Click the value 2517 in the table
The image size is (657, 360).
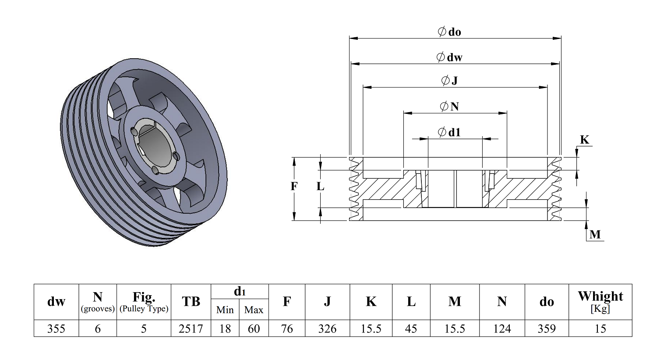tap(191, 328)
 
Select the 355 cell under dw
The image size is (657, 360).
tap(56, 328)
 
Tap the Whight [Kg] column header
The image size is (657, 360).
tap(600, 301)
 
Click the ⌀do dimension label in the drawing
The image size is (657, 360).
tap(449, 32)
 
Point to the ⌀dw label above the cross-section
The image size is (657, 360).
tap(449, 57)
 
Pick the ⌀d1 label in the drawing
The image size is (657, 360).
tap(449, 132)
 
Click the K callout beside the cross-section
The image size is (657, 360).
tap(584, 140)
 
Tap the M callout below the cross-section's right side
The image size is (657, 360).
tap(595, 234)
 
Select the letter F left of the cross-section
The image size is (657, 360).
tap(294, 187)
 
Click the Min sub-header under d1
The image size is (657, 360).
tap(225, 310)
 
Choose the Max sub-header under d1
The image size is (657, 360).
tap(254, 310)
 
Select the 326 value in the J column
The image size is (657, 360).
tap(327, 328)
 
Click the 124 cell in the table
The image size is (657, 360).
tap(502, 328)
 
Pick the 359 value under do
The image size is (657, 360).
tap(546, 328)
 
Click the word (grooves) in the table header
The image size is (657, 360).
tap(98, 309)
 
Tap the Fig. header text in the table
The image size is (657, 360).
tap(144, 297)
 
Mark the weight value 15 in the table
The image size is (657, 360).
tap(600, 328)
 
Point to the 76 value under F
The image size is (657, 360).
tap(287, 328)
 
